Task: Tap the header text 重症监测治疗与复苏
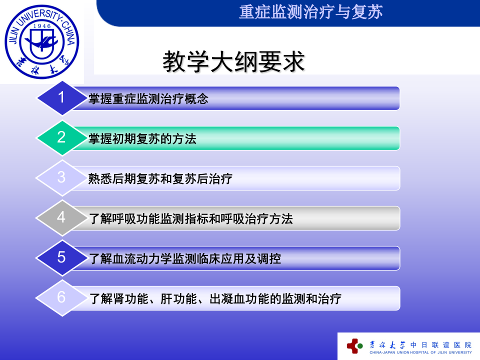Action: [x=311, y=12]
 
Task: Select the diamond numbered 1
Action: [x=61, y=97]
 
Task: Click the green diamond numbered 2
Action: [x=61, y=137]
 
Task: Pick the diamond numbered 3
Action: [x=61, y=177]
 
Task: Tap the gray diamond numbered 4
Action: [x=61, y=217]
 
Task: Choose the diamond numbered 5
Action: [x=61, y=257]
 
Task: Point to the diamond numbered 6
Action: [x=61, y=297]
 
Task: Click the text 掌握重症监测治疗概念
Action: [x=148, y=99]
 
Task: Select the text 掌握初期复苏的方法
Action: [x=142, y=139]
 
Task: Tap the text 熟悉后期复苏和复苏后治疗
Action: [x=160, y=179]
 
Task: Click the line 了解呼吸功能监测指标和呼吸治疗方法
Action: [x=190, y=219]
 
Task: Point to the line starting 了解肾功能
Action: [x=215, y=299]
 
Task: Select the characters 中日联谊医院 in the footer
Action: [x=440, y=344]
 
